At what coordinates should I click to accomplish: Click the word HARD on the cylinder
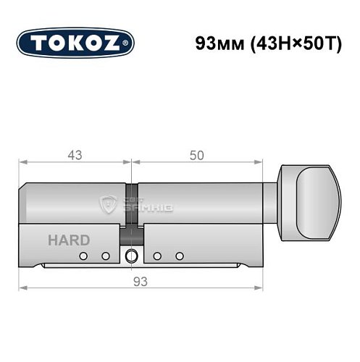70,240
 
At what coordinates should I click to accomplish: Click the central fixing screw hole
131,256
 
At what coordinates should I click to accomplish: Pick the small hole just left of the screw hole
106,256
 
